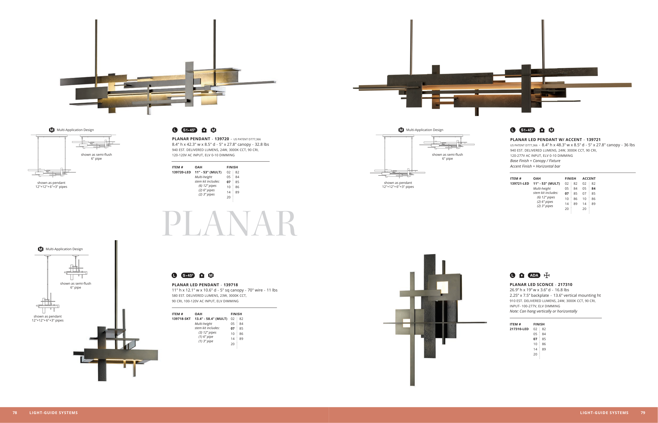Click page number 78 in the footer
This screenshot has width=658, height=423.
15,412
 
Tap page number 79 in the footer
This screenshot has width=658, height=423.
643,412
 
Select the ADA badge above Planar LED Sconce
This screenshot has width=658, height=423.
534,275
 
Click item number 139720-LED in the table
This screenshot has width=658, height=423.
181,172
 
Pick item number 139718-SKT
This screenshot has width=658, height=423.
181,319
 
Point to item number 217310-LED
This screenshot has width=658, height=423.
519,329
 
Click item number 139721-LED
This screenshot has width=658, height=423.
519,183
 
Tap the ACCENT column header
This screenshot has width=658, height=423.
589,179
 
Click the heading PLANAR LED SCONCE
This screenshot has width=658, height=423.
531,285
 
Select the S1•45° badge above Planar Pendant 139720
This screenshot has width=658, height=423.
189,130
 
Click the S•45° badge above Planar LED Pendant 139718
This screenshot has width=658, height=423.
188,275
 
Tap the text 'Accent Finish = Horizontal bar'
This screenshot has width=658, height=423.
535,166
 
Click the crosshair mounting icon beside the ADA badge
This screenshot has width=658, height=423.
547,275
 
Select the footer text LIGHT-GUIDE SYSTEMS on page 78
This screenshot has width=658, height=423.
54,412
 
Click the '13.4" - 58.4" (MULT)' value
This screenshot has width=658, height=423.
211,319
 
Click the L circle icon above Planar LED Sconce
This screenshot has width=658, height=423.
512,275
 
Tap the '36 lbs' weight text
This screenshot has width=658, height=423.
629,145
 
